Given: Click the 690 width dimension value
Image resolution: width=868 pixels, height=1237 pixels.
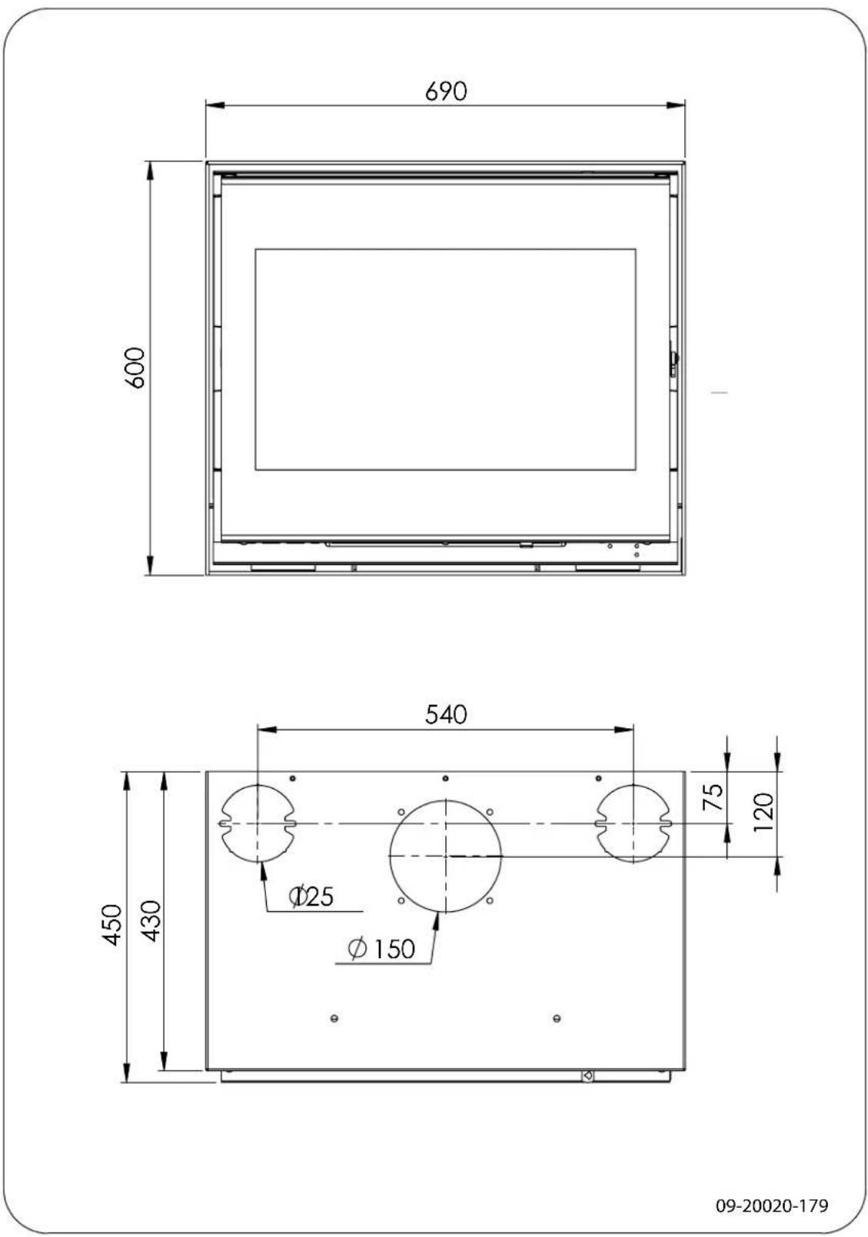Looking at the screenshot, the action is [x=446, y=91].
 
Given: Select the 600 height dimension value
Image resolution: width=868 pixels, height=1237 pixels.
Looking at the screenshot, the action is [x=135, y=367].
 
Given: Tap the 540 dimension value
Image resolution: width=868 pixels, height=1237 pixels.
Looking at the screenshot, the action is [x=446, y=714].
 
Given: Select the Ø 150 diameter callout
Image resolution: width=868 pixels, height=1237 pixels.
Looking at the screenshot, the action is [x=381, y=949].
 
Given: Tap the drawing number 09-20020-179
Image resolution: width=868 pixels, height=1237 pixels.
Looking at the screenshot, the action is [x=772, y=1205].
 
